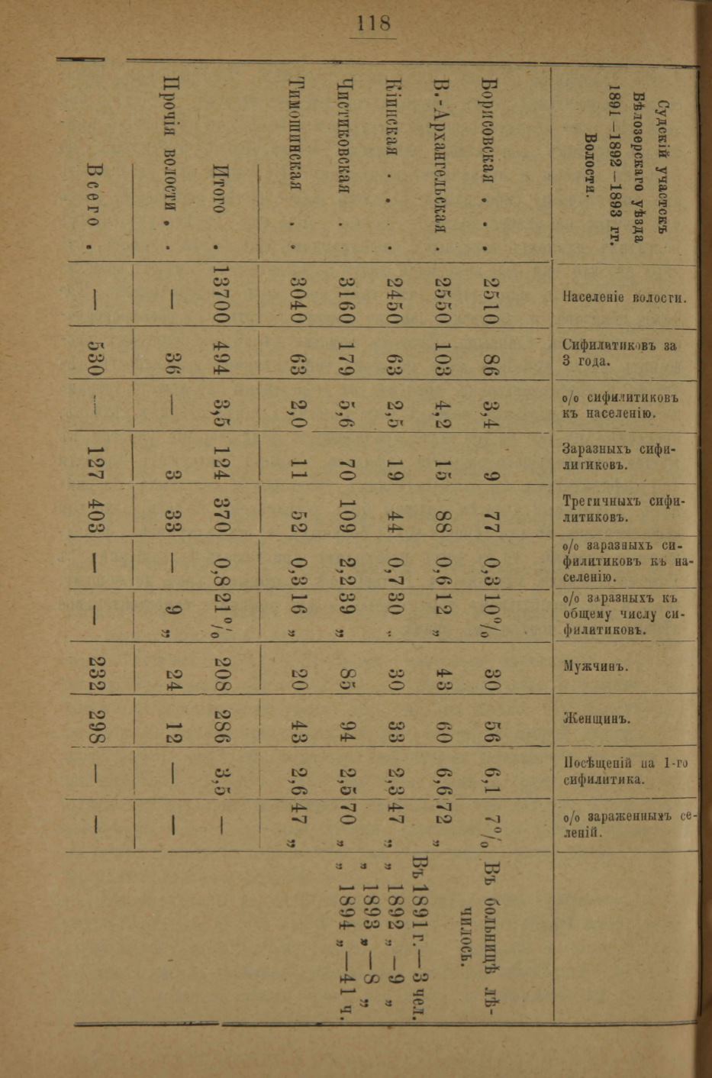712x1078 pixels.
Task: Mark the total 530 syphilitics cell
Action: (95, 354)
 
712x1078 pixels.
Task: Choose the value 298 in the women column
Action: (95, 722)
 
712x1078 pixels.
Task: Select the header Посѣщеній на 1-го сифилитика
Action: (619, 771)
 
